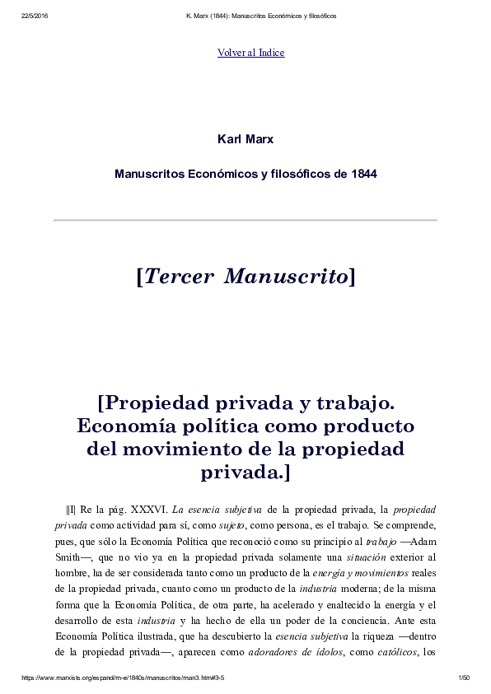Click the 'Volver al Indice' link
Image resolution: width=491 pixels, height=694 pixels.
pos(250,53)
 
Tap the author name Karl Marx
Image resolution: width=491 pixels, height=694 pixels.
pos(245,139)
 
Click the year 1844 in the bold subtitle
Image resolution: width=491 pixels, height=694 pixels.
pos(363,175)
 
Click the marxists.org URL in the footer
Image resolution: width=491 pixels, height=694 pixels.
pos(122,678)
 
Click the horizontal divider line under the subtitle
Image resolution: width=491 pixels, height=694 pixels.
pos(245,220)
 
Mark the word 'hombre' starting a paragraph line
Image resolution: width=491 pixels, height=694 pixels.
pos(72,572)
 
